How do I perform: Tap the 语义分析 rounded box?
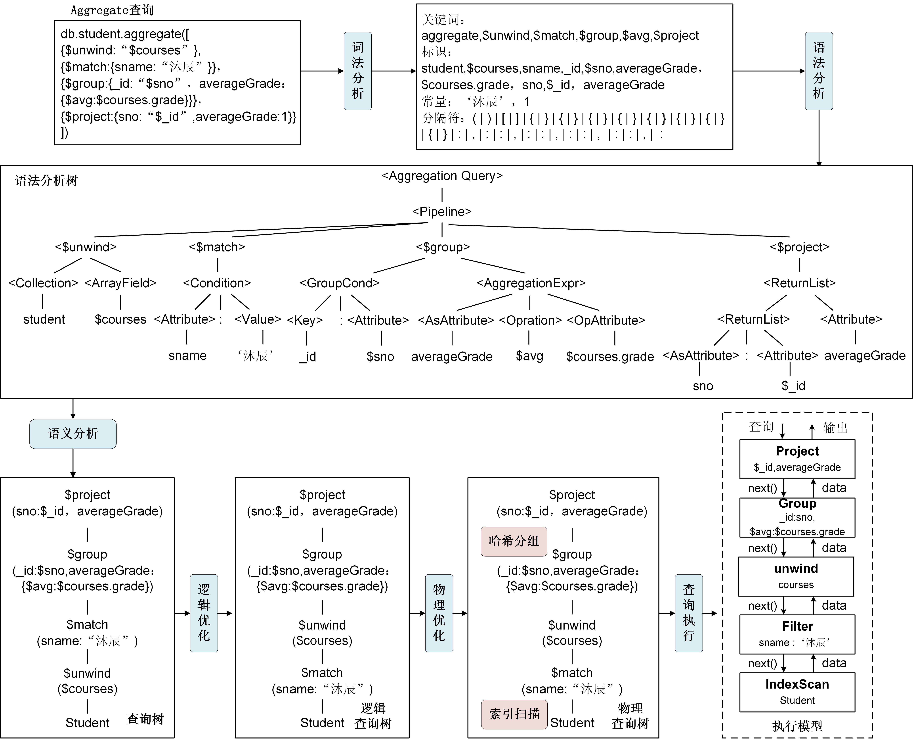point(73,434)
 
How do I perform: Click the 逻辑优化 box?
point(204,613)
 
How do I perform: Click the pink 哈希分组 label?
point(514,541)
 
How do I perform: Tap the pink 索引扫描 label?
point(514,714)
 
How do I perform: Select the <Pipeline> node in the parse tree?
point(442,212)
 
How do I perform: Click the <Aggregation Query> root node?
point(442,176)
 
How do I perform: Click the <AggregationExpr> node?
point(531,283)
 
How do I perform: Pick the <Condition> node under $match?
point(217,283)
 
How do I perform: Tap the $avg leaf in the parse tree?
point(529,356)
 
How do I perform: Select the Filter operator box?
point(797,634)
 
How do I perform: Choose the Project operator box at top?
point(797,459)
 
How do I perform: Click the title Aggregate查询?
point(112,10)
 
